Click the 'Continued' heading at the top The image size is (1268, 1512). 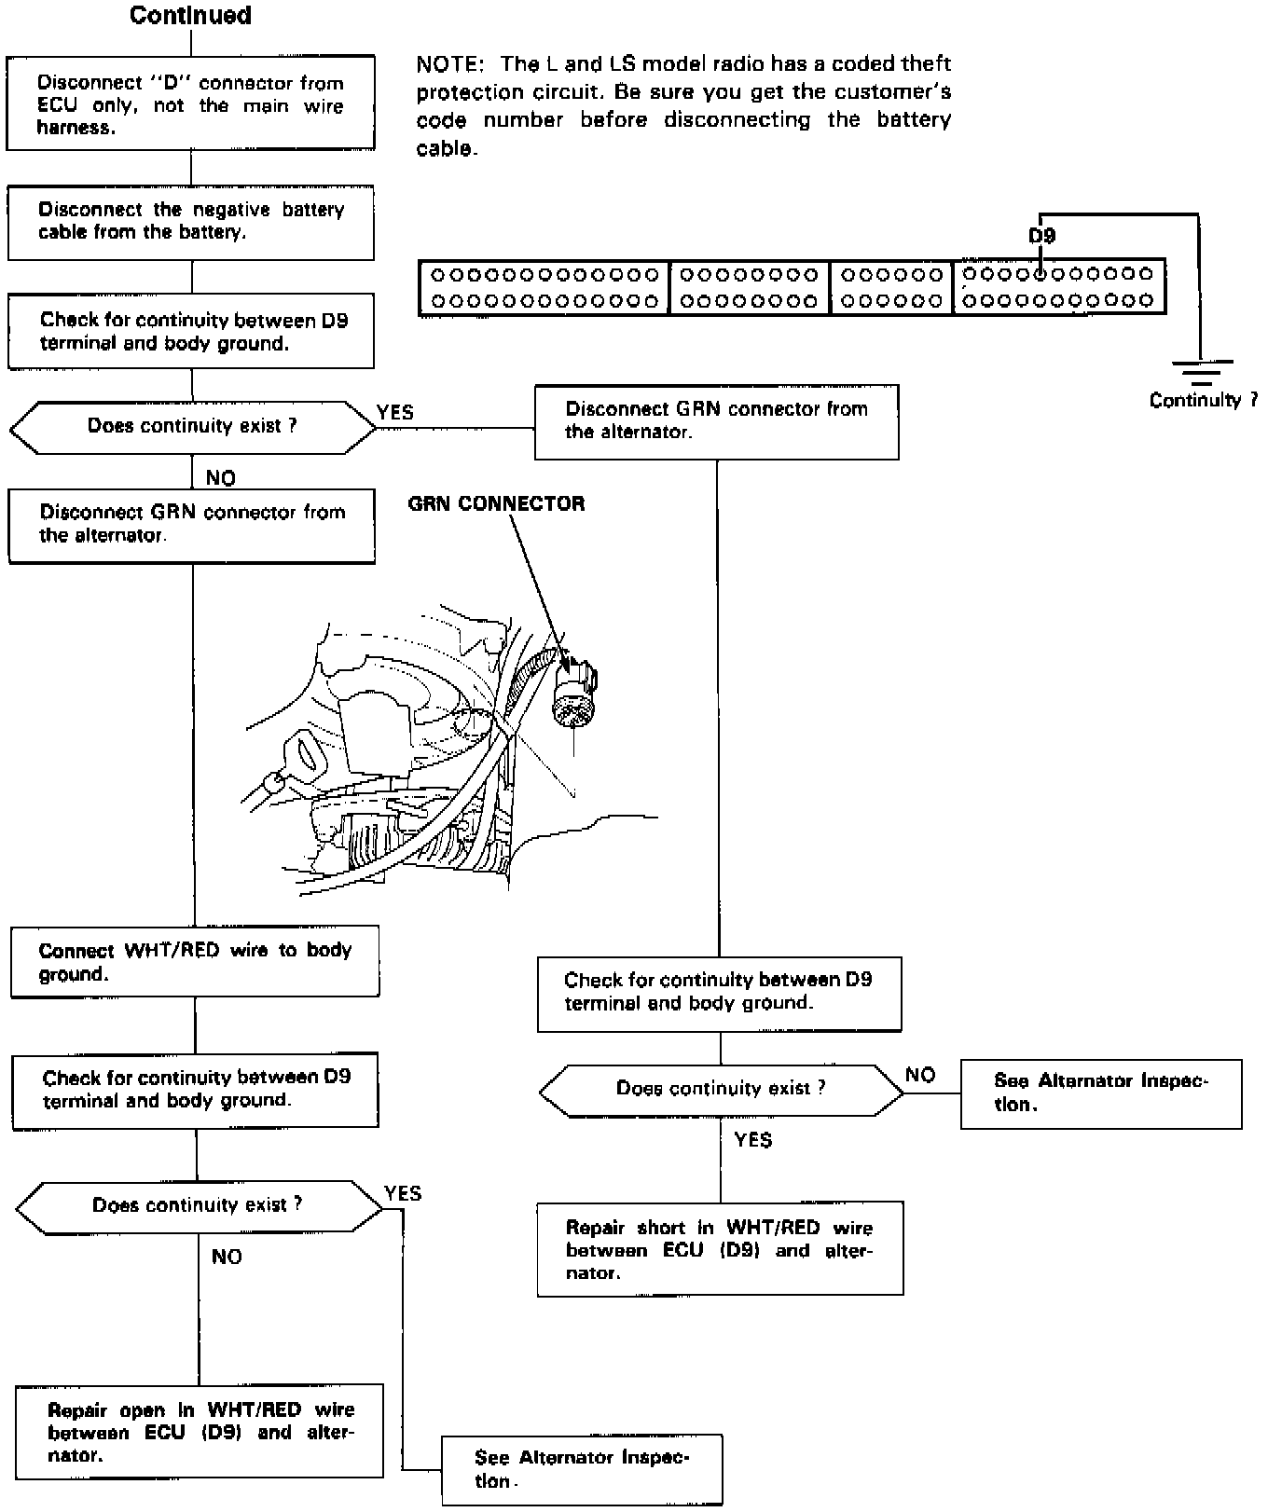[190, 16]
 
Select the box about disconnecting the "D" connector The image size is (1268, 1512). [190, 103]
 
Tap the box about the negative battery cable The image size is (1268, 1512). [190, 222]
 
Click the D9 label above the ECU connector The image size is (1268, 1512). [1041, 237]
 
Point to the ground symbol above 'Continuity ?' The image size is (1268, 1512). [1200, 372]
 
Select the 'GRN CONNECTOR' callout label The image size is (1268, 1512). [496, 503]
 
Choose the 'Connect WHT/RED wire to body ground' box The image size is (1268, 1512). [195, 961]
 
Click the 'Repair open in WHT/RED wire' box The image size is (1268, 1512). [200, 1431]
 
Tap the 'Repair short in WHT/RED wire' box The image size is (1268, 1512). [720, 1249]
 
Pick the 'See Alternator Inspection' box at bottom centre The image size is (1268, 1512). [582, 1469]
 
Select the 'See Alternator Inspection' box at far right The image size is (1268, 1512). [1100, 1093]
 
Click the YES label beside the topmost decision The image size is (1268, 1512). [395, 412]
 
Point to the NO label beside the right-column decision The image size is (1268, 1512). [920, 1075]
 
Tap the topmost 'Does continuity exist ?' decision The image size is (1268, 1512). [192, 427]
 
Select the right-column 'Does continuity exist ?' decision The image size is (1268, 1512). [721, 1089]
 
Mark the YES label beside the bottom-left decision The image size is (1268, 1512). [403, 1193]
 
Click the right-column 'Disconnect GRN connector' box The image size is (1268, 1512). [716, 421]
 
